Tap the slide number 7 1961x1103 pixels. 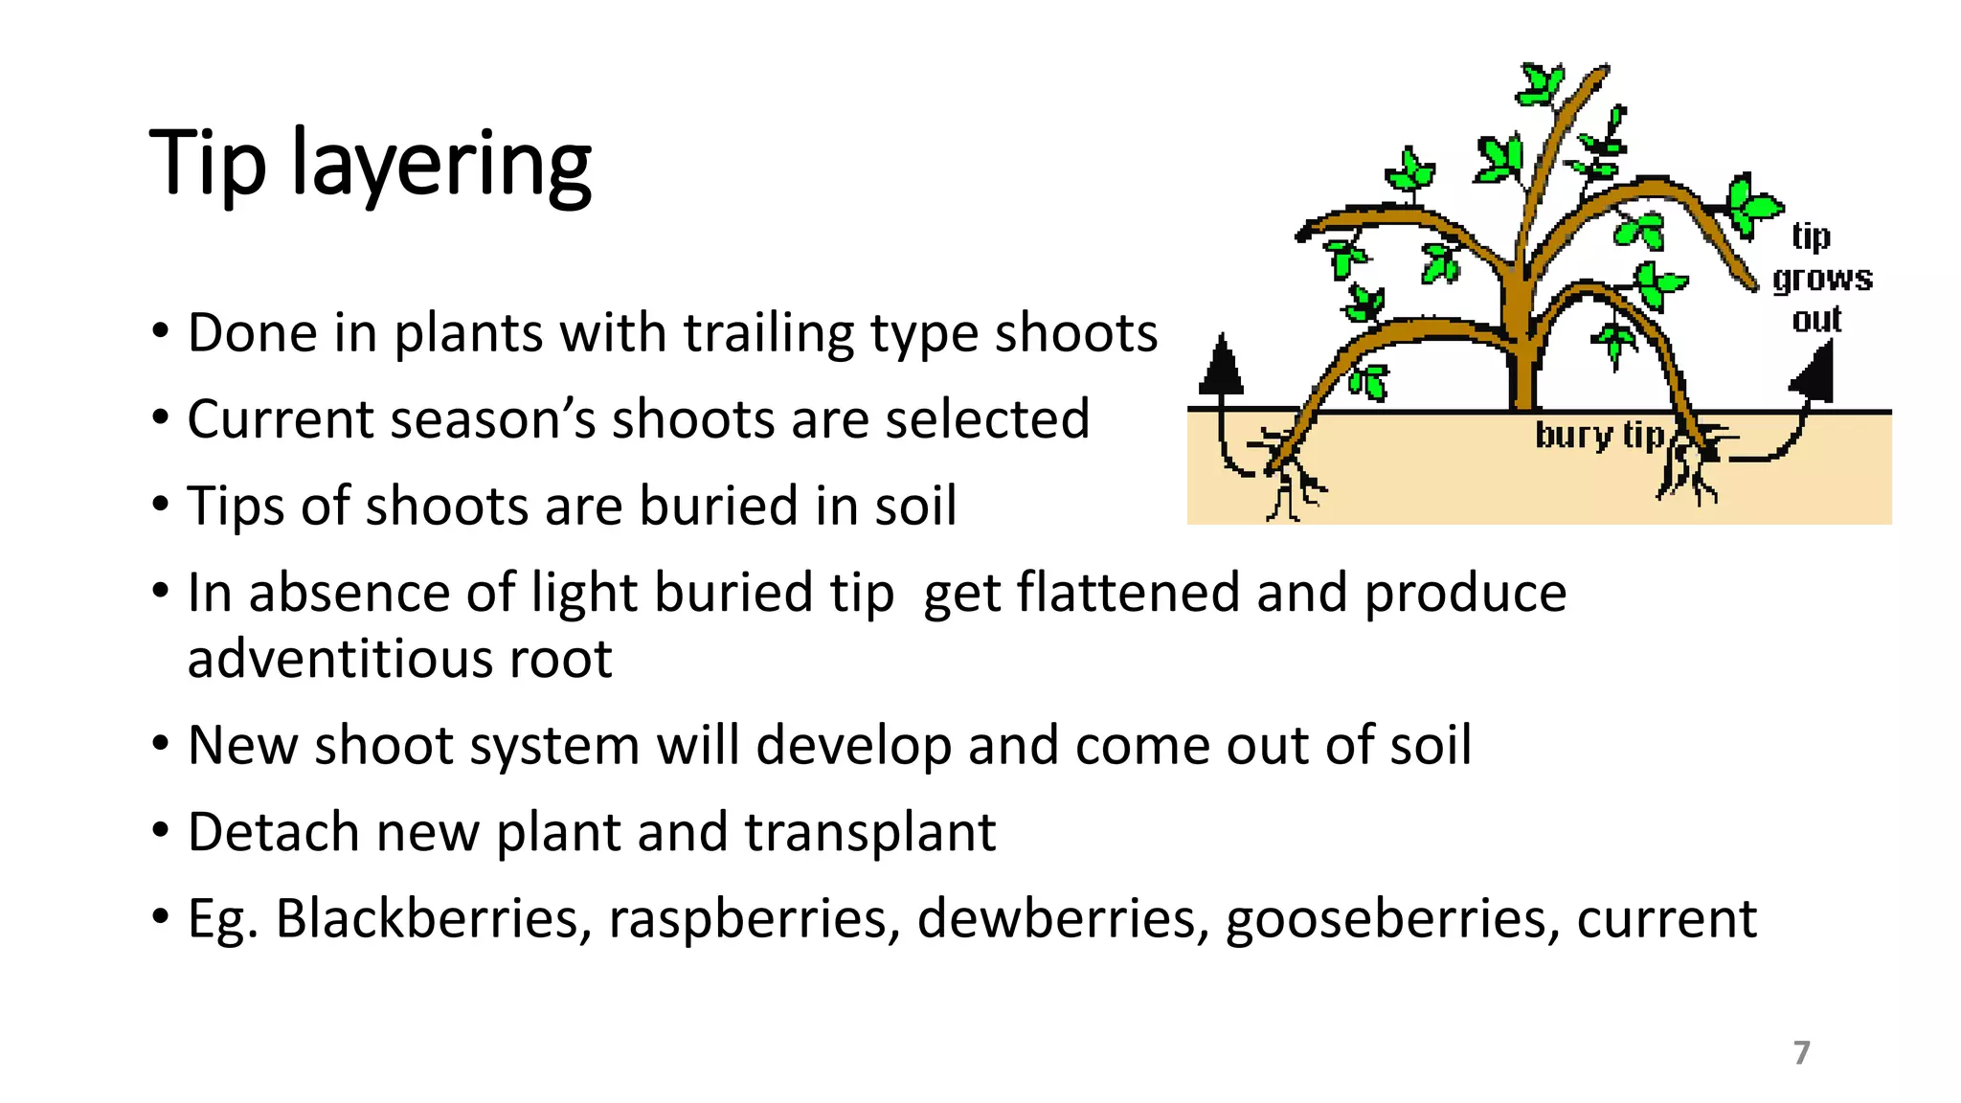click(1801, 1052)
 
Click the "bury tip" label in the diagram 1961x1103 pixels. click(1599, 436)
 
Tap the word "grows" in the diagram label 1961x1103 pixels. click(1821, 279)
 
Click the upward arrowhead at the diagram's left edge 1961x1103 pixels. click(1221, 367)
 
